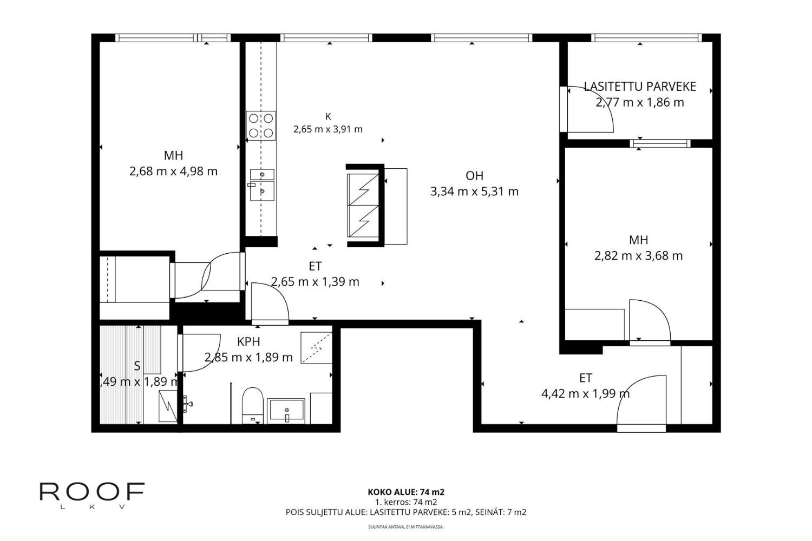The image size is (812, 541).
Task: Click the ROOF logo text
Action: (92, 492)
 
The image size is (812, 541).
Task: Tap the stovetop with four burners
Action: (261, 126)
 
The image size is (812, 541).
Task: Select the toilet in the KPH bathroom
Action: (252, 405)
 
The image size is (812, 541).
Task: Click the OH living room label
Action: (475, 176)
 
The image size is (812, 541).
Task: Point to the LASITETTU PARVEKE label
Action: (640, 87)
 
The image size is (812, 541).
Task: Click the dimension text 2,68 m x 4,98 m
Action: (173, 171)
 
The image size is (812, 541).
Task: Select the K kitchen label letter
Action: (328, 117)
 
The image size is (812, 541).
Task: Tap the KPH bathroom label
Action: (248, 342)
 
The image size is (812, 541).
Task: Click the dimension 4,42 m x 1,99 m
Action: (585, 393)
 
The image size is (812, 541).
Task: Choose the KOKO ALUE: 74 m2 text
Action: (406, 492)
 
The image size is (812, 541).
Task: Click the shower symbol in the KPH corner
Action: (317, 348)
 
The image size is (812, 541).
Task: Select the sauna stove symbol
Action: (168, 406)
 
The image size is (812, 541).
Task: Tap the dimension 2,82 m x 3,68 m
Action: (638, 256)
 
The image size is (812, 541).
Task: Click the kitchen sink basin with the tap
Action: (261, 191)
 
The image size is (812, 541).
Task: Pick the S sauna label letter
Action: (137, 366)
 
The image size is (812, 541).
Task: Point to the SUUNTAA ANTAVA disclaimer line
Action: (406, 527)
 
